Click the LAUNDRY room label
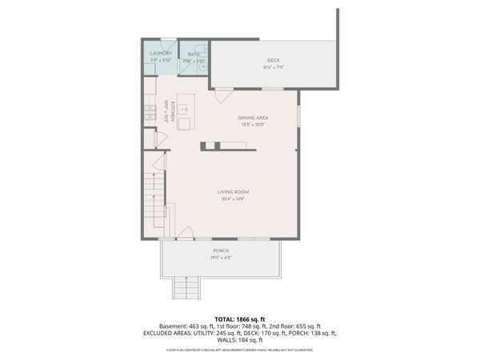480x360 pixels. click(x=161, y=54)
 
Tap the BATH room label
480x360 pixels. click(x=194, y=54)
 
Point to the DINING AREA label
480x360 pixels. click(x=252, y=118)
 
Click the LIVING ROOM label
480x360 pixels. click(x=234, y=191)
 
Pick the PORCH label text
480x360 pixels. click(x=221, y=251)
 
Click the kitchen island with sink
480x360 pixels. click(x=185, y=112)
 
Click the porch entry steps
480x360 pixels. click(x=186, y=286)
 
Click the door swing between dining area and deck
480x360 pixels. click(x=224, y=94)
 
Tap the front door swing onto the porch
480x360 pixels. click(x=184, y=233)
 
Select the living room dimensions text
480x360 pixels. click(x=234, y=198)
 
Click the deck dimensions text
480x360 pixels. click(x=274, y=67)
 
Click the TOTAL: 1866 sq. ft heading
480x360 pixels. click(x=240, y=318)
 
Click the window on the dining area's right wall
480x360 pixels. click(x=298, y=116)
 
